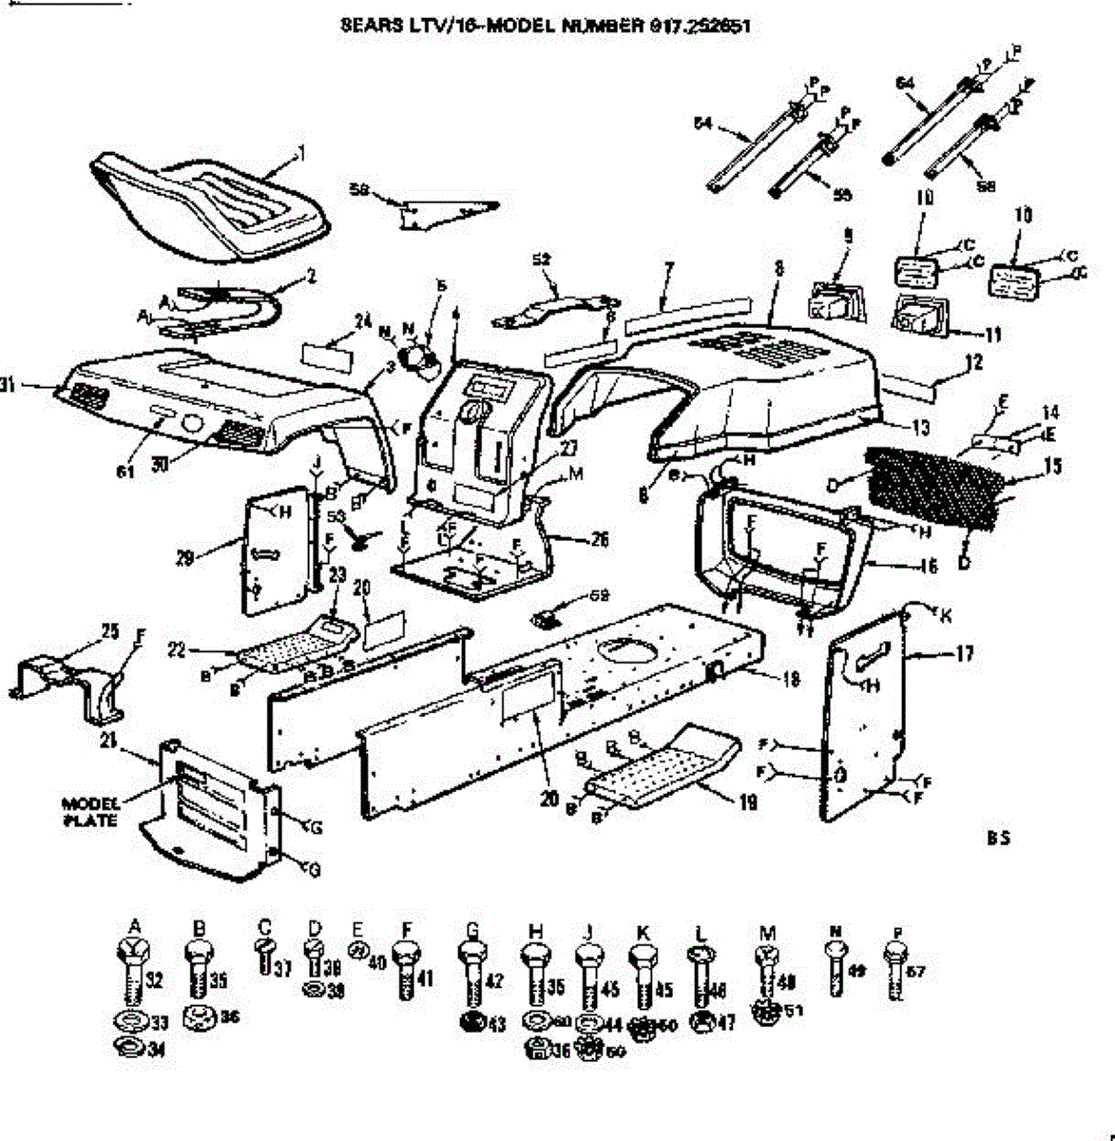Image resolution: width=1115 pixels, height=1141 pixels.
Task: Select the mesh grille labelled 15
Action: tap(936, 488)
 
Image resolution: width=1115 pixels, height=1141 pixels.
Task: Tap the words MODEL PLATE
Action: tap(91, 811)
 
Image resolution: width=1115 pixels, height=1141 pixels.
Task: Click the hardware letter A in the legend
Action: tap(134, 925)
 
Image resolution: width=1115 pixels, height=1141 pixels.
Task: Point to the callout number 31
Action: tap(10, 386)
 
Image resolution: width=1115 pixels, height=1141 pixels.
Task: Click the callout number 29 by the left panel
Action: tap(184, 557)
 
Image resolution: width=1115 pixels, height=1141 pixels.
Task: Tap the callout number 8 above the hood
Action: tap(779, 269)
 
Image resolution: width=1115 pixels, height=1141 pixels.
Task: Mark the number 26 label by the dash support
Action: tap(599, 540)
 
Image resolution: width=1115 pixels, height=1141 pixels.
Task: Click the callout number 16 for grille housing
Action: tap(929, 567)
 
